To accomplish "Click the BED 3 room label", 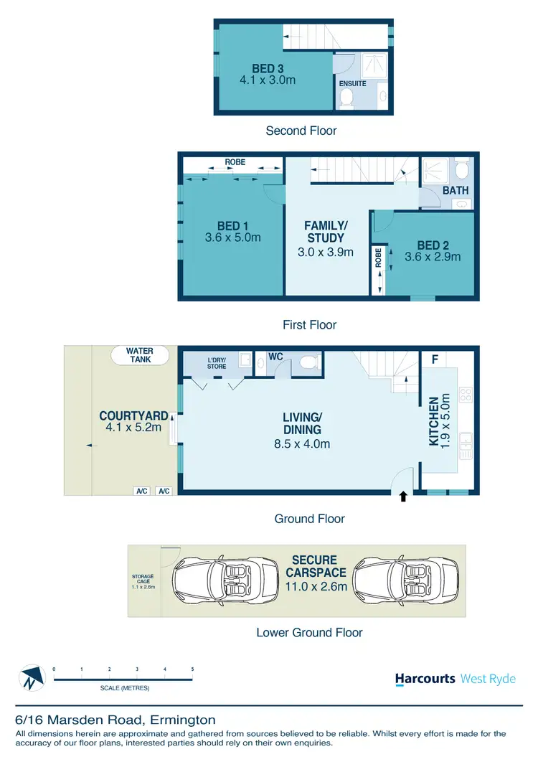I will (268, 69).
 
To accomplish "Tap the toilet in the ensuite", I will (346, 100).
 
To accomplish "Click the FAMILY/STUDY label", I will (326, 232).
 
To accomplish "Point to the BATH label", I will (456, 191).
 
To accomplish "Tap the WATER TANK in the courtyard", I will (141, 354).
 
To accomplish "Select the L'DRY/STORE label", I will (217, 363).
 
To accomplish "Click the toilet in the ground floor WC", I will (308, 362).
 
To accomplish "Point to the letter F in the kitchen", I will (433, 359).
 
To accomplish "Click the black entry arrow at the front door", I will (402, 495).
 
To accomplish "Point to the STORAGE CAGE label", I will (143, 580).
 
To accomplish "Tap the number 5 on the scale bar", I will (192, 669).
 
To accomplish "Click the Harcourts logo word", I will (425, 679).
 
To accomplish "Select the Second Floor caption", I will (301, 131).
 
